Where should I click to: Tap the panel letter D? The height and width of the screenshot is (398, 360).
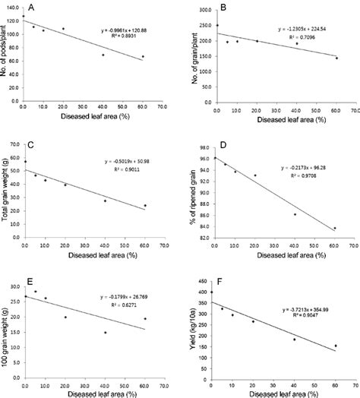pyautogui.click(x=244, y=140)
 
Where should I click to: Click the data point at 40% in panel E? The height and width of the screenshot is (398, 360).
pyautogui.click(x=106, y=333)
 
